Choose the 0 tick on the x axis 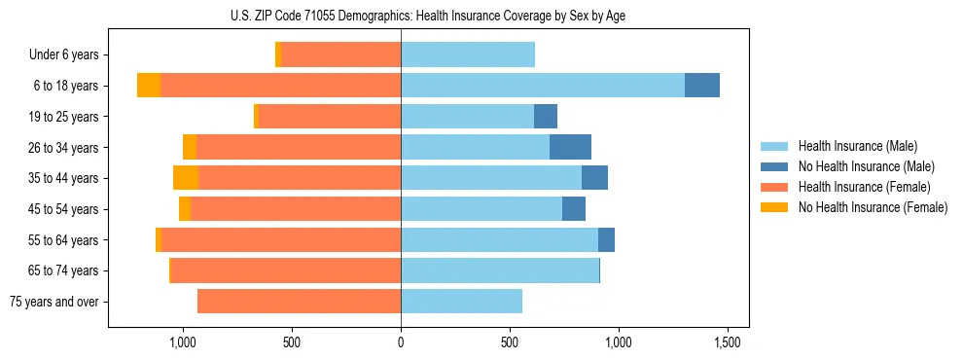point(401,342)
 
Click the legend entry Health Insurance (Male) point(857,146)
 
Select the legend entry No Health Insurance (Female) point(873,207)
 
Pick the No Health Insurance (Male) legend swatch point(775,166)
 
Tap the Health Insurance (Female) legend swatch point(775,187)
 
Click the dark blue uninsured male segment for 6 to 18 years point(702,86)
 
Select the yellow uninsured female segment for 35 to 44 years point(186,178)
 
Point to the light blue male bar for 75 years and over point(461,302)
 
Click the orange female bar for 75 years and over point(299,302)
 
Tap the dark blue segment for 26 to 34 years point(570,147)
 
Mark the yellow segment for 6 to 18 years point(149,86)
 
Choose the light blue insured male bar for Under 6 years point(468,54)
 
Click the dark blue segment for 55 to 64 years point(606,239)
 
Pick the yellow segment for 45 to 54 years point(185,209)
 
